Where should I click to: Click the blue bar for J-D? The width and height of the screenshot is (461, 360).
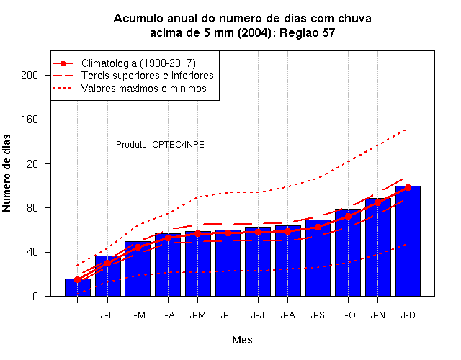point(408,241)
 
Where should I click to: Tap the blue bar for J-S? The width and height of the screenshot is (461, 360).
point(318,258)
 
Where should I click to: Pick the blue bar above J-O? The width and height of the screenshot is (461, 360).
point(348,253)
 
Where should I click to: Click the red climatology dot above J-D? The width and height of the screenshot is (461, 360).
point(408,187)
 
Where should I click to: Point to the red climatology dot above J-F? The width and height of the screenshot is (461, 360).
point(107,263)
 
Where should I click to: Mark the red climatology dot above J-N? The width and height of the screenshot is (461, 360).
point(377,202)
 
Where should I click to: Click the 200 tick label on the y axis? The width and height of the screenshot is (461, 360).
point(30,76)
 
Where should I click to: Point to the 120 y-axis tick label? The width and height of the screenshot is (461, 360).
point(30,164)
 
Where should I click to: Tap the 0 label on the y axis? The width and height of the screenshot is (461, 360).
point(35,296)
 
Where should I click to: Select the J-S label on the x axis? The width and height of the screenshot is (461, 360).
point(318,315)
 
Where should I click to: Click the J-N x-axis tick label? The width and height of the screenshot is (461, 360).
point(377,315)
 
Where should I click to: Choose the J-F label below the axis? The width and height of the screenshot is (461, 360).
point(107,315)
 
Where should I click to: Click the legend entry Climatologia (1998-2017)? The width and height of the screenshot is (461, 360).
point(138,63)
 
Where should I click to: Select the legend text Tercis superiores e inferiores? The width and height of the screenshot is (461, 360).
point(147,76)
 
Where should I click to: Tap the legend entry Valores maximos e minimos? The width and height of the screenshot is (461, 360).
point(144,89)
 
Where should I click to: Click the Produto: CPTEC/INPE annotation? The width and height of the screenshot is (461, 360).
point(160,145)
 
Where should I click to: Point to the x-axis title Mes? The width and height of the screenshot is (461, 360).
point(242,340)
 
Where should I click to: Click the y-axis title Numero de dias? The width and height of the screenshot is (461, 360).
point(6,173)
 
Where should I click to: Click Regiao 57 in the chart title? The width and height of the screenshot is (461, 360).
point(308,32)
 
